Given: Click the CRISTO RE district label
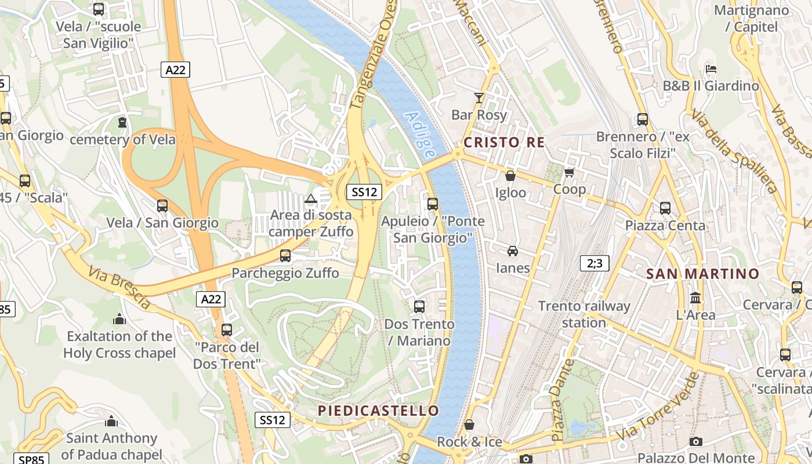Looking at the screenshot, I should click(x=504, y=142).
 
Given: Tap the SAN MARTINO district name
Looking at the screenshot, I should click(x=702, y=274).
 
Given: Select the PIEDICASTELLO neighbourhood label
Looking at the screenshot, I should click(x=378, y=411).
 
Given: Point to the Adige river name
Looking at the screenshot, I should click(x=420, y=135).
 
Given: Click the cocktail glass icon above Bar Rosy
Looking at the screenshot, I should click(x=479, y=97).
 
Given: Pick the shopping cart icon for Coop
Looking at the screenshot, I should click(x=569, y=172).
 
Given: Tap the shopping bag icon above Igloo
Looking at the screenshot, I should click(x=510, y=176).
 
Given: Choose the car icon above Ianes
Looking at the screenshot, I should click(x=513, y=251).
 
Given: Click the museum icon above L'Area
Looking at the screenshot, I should click(x=695, y=298).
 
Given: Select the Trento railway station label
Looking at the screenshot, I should click(x=583, y=314).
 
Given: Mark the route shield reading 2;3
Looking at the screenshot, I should click(x=594, y=263).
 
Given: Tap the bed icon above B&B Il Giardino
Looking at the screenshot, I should click(x=711, y=68).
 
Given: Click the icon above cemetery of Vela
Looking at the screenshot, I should click(x=122, y=122).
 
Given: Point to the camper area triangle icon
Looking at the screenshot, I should click(x=311, y=199).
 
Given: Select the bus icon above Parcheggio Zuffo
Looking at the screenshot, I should click(x=285, y=255).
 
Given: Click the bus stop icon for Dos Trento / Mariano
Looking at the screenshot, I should click(x=419, y=306).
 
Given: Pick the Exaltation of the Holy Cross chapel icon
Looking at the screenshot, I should click(x=119, y=319).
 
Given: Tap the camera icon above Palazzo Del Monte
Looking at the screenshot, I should click(x=696, y=441).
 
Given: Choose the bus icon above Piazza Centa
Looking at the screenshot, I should click(x=665, y=208).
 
